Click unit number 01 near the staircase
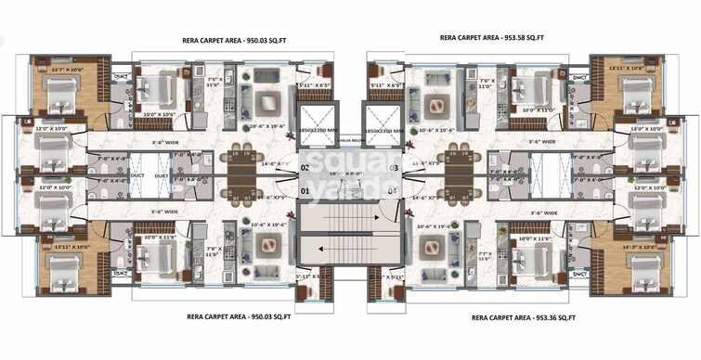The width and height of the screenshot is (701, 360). tap(305, 192)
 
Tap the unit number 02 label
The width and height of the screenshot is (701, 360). tap(305, 168)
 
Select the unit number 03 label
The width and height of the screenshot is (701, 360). tap(394, 168)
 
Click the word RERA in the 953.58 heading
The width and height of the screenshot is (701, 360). tap(450, 39)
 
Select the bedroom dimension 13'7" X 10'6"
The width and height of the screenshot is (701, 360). tap(68, 69)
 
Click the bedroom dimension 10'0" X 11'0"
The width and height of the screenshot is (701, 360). tap(539, 109)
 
